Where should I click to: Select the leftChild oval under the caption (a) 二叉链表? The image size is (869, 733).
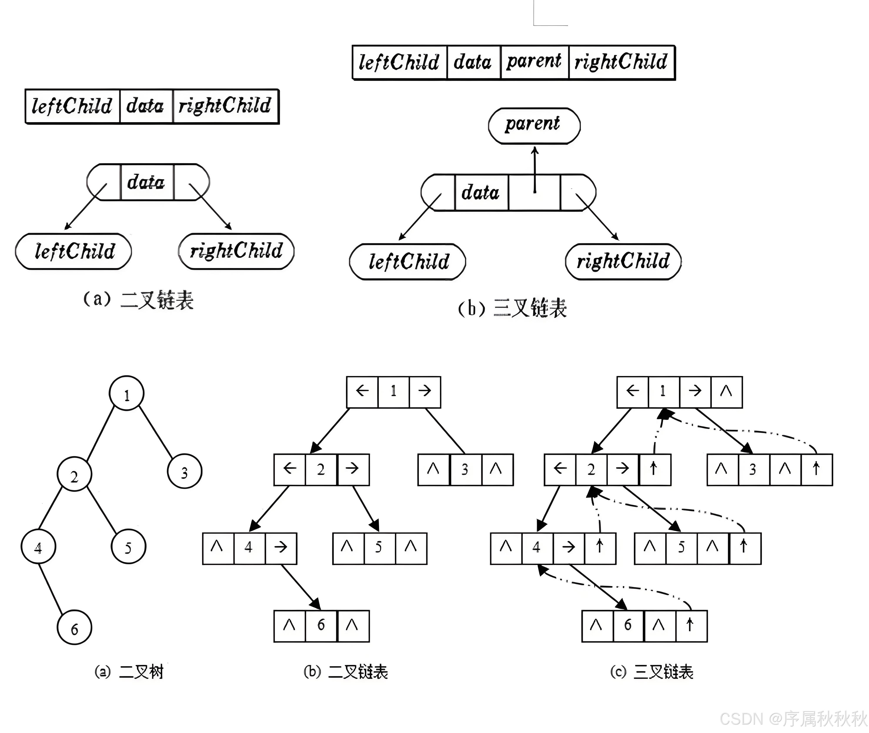[x=74, y=251]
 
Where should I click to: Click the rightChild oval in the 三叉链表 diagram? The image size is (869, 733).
[x=623, y=261]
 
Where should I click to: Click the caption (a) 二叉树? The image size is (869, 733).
[x=129, y=672]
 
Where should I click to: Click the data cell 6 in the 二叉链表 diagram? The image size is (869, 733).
[x=321, y=626]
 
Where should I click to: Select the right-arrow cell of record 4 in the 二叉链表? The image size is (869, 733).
[x=281, y=548]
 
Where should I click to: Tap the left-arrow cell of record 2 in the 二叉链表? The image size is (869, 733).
[x=290, y=470]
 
